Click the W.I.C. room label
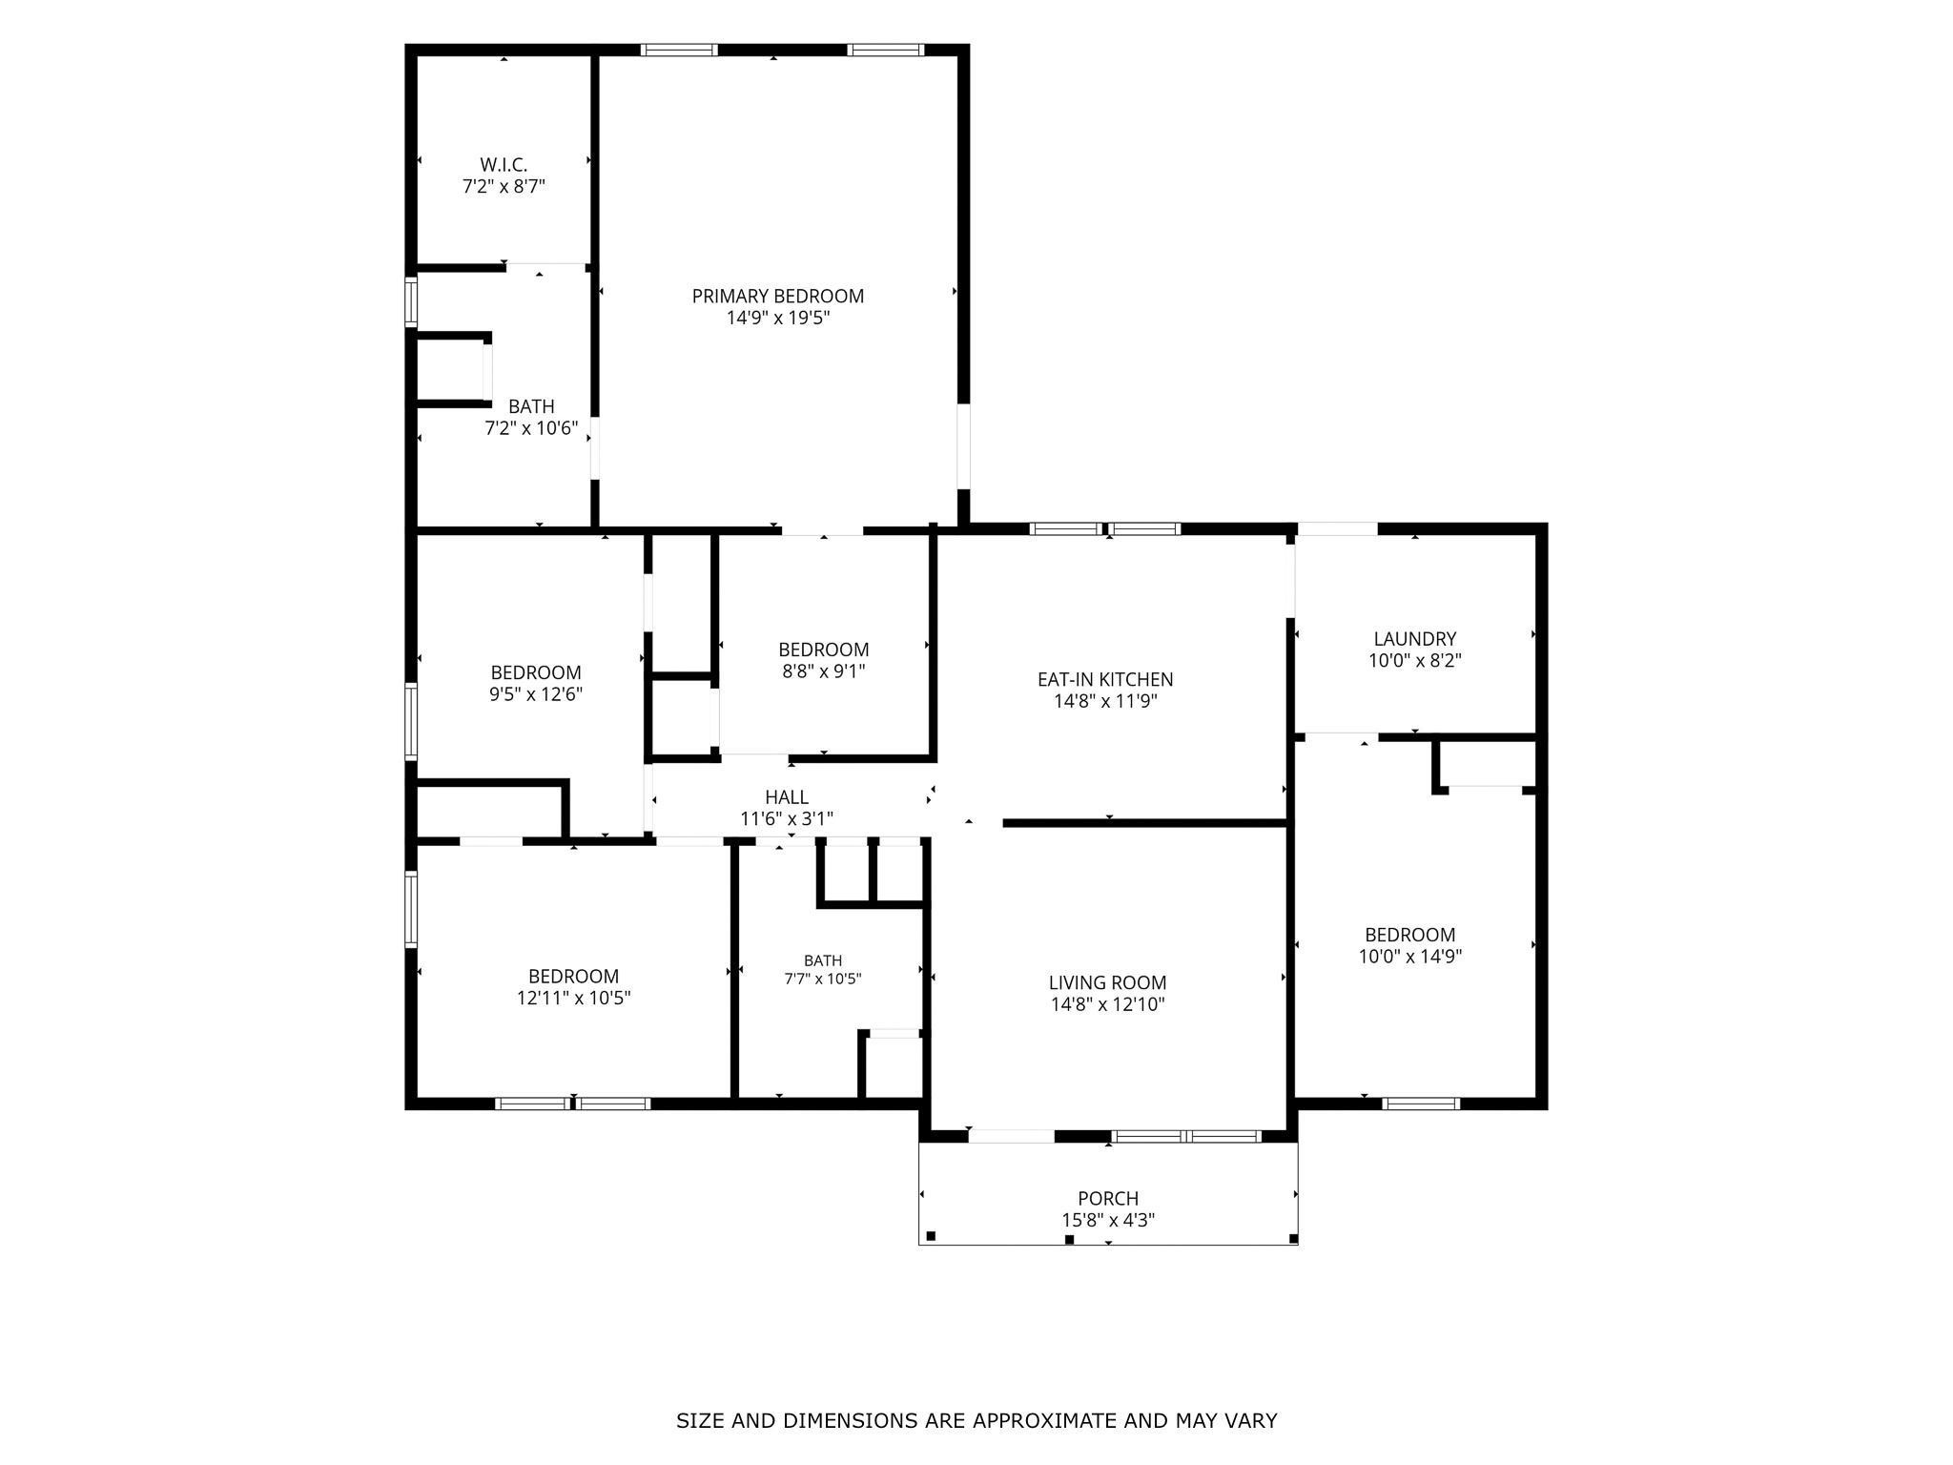tap(504, 165)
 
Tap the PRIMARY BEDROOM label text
tap(778, 297)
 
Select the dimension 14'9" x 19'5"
tap(778, 319)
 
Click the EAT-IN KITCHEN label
tap(1105, 680)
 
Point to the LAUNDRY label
tap(1415, 639)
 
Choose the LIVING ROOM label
tap(1107, 982)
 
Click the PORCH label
tap(1108, 1198)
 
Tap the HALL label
tap(787, 797)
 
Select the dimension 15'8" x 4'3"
tap(1108, 1220)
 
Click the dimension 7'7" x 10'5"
tap(823, 979)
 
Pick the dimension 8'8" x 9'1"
tap(824, 671)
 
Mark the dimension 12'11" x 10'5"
tap(574, 999)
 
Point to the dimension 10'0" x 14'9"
tap(1410, 957)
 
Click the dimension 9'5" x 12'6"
tap(536, 694)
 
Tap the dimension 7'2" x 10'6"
tap(532, 428)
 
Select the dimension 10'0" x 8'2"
tap(1415, 660)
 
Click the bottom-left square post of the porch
tap(931, 1236)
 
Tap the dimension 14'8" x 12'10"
tap(1108, 1004)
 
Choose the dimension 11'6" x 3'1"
tap(787, 819)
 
